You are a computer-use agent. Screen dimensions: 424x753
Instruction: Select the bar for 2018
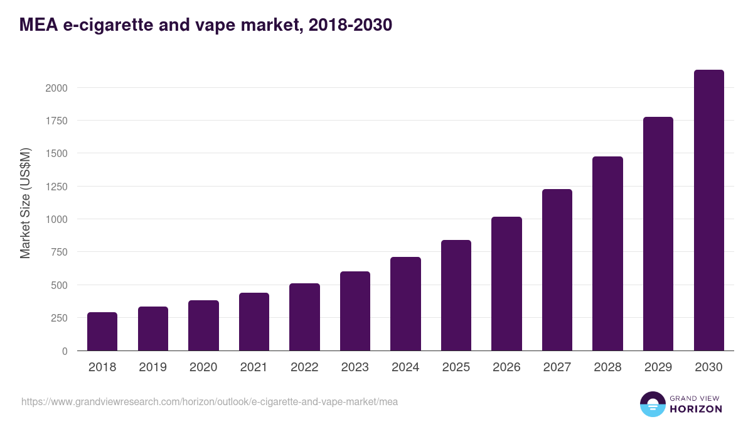tap(102, 332)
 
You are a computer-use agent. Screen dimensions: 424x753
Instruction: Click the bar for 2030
tap(708, 210)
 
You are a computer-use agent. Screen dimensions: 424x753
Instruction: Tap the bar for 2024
tap(405, 304)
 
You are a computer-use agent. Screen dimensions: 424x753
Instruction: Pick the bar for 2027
tap(557, 270)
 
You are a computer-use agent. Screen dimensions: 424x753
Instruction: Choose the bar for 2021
tap(254, 322)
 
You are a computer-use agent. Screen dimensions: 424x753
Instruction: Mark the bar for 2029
tap(658, 234)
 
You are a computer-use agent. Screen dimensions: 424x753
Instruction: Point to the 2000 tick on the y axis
tap(56, 88)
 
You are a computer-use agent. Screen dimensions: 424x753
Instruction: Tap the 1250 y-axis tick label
tap(56, 187)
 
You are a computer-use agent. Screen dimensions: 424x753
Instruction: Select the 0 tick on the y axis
tap(65, 351)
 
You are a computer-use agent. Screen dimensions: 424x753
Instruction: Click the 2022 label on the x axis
tap(304, 367)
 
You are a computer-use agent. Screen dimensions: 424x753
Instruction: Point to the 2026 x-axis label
tap(506, 367)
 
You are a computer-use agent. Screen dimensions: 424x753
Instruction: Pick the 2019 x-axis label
tap(152, 367)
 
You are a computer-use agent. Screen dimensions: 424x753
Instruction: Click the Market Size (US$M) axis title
tap(25, 203)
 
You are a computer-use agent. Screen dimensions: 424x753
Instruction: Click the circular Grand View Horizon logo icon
tap(652, 404)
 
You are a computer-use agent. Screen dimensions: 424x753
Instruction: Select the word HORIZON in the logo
tap(695, 409)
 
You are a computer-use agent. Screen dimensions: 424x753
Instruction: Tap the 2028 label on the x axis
tap(607, 367)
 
